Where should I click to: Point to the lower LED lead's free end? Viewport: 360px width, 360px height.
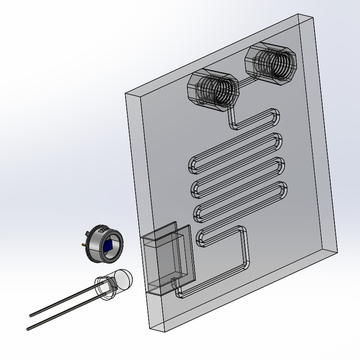pyautogui.click(x=30, y=326)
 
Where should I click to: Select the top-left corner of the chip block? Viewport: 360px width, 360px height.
pyautogui.click(x=123, y=93)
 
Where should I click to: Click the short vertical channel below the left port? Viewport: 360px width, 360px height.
pyautogui.click(x=229, y=117)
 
